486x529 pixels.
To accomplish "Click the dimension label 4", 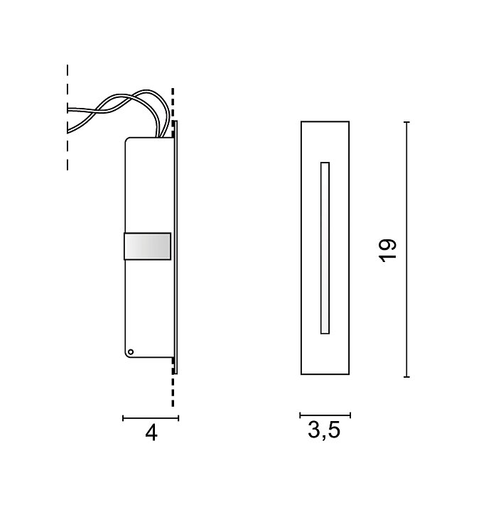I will click(x=151, y=432).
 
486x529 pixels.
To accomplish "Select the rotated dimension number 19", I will click(x=387, y=250).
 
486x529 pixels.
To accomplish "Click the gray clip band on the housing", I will click(x=148, y=246).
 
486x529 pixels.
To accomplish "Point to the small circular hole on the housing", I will click(x=130, y=351).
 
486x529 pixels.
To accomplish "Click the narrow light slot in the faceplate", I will click(x=325, y=248).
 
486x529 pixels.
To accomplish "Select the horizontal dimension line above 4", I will click(x=151, y=418).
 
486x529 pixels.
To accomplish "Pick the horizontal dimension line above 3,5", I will click(x=325, y=415).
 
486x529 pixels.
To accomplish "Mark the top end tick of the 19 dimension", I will click(x=406, y=122).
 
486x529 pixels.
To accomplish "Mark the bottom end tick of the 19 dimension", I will click(x=406, y=376).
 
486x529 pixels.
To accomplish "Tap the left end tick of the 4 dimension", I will click(x=123, y=418).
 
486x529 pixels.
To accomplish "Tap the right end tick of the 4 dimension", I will click(x=178, y=418).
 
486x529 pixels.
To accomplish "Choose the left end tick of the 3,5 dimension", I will click(x=300, y=415).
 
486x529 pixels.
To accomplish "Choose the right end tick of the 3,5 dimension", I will click(x=350, y=415).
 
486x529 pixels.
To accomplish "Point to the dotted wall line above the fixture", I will click(x=173, y=103).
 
